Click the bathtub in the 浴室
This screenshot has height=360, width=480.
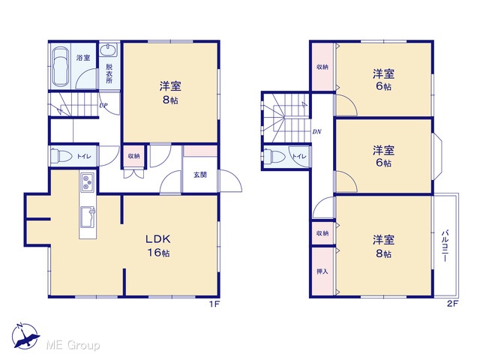point(60,67)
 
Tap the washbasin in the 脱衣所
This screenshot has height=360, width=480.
point(108,50)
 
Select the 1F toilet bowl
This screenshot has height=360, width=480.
point(61,156)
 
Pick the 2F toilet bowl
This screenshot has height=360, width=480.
point(274,156)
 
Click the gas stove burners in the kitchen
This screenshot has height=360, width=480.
point(88,182)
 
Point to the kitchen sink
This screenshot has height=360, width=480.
point(88,217)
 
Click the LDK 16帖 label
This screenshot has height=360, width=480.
point(158,245)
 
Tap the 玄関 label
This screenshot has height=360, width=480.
point(200,175)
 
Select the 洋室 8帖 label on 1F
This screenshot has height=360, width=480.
point(170,92)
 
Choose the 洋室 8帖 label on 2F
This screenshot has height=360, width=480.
point(383,246)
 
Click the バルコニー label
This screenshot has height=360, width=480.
point(445,246)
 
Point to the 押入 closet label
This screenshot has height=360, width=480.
point(322,271)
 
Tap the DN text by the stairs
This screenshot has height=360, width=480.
point(316,132)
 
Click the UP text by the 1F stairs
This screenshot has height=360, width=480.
point(103,106)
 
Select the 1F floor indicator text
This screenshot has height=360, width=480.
point(214,304)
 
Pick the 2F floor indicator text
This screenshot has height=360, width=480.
point(453,304)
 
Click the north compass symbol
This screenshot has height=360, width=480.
point(25,336)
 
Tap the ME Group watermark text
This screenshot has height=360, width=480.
point(73,345)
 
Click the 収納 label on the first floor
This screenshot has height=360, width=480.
point(133,156)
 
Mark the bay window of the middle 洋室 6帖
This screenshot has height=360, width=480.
point(437,157)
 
